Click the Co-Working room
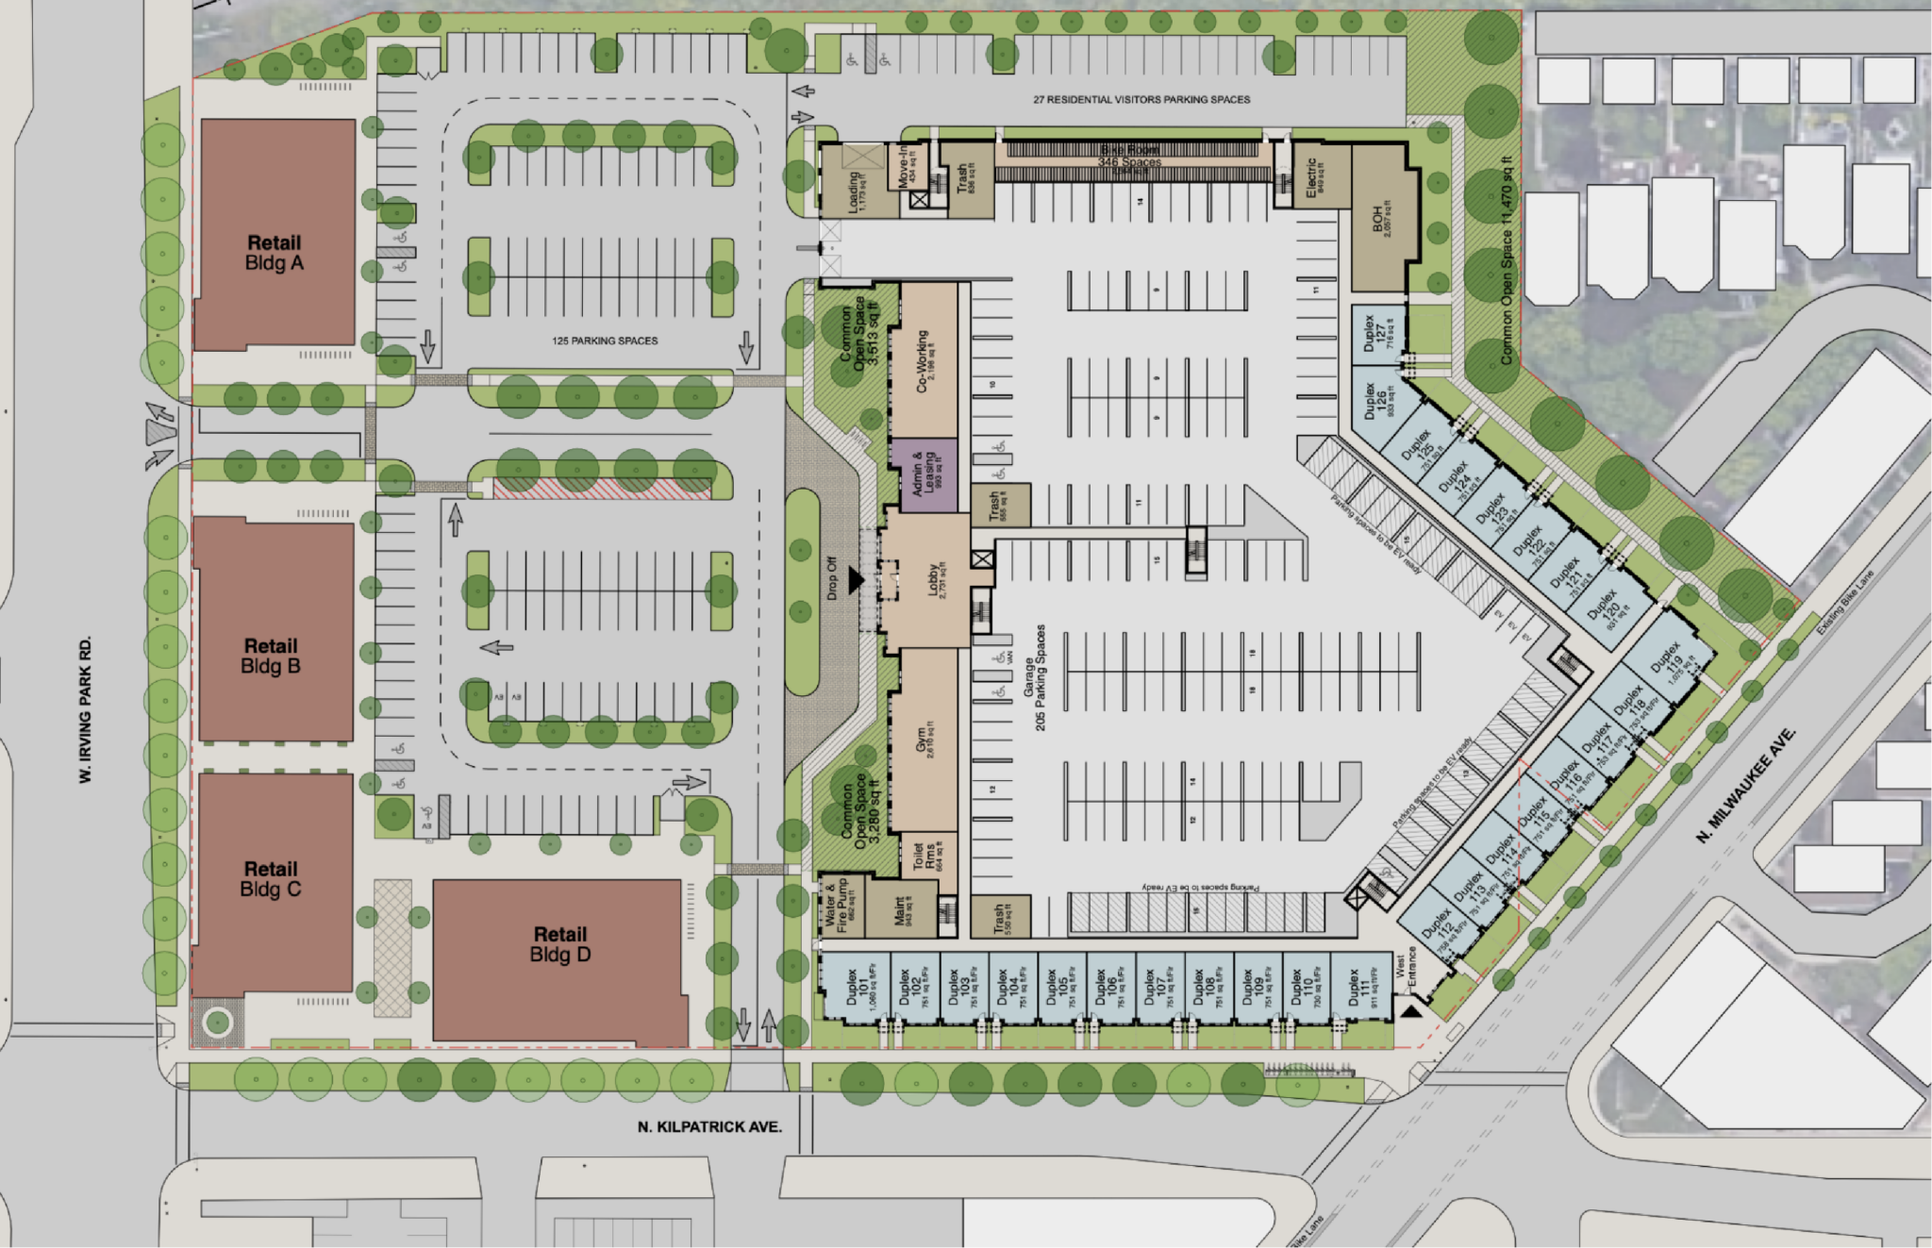[924, 360]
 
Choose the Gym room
[924, 740]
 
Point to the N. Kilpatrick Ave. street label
[709, 1126]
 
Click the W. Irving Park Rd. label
[86, 709]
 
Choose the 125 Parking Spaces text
[605, 341]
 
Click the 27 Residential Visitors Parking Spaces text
[1141, 99]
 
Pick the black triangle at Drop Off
[856, 580]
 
